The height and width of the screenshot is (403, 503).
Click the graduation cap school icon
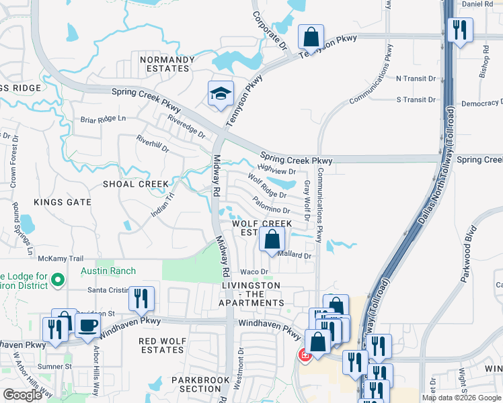(220, 95)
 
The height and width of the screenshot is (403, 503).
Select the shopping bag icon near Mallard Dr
(271, 239)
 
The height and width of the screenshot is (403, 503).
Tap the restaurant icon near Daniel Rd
(460, 30)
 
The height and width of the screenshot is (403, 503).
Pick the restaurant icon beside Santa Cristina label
(141, 299)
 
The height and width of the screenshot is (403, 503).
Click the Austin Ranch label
(108, 271)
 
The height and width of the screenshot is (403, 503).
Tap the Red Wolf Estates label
(161, 345)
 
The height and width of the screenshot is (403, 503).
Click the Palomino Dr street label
(272, 203)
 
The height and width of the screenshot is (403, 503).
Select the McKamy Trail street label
(60, 258)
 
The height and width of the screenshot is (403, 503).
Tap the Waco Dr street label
(254, 271)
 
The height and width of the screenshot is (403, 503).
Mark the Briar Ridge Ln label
(103, 119)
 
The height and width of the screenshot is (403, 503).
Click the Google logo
(22, 395)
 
